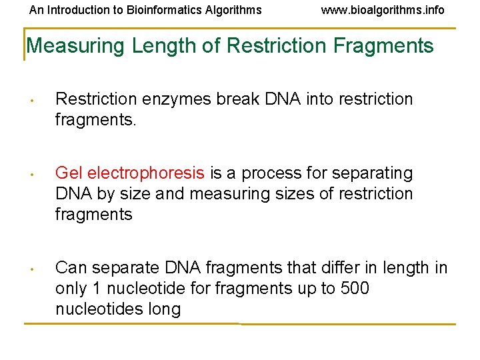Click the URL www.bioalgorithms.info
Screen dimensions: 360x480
[383, 10]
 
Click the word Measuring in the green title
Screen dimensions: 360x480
[76, 46]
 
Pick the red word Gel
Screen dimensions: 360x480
[69, 173]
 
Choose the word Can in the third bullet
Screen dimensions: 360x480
[70, 268]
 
